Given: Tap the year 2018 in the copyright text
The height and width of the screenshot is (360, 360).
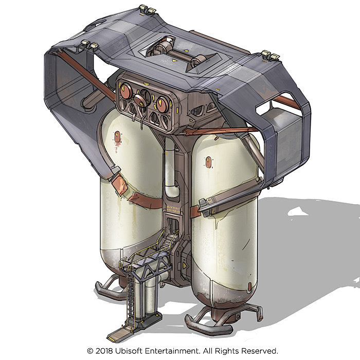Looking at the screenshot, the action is pyautogui.click(x=104, y=351).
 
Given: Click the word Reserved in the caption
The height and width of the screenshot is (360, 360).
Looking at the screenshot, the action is pyautogui.click(x=259, y=351).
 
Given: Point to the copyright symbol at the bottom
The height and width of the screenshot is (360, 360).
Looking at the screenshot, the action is pyautogui.click(x=90, y=351).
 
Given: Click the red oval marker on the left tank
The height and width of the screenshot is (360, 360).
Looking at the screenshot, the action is pyautogui.click(x=117, y=137).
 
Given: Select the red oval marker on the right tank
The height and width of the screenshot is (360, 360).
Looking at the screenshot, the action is pyautogui.click(x=208, y=163).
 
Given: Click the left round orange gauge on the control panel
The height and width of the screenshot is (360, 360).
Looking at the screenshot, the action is pyautogui.click(x=126, y=91).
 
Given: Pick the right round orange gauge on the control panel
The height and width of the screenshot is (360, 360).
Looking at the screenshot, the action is pyautogui.click(x=162, y=104).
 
